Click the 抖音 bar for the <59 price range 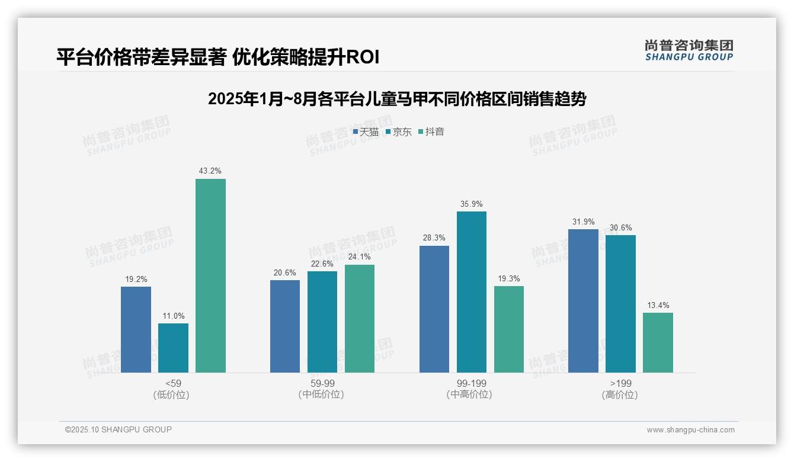[210, 275]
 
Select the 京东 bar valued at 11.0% [173, 348]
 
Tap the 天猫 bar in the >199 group [583, 300]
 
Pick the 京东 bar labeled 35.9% [471, 291]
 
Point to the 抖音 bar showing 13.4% [658, 342]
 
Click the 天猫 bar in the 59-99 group [285, 326]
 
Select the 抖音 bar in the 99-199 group [508, 329]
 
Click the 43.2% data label [210, 171]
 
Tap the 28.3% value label [434, 238]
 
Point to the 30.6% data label [620, 227]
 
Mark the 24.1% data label [359, 256]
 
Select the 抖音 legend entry [431, 132]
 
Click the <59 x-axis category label [173, 383]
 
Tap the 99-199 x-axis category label [471, 383]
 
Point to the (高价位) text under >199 [620, 394]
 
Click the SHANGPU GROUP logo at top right [689, 50]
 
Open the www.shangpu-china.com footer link [690, 430]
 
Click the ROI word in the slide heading [362, 57]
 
